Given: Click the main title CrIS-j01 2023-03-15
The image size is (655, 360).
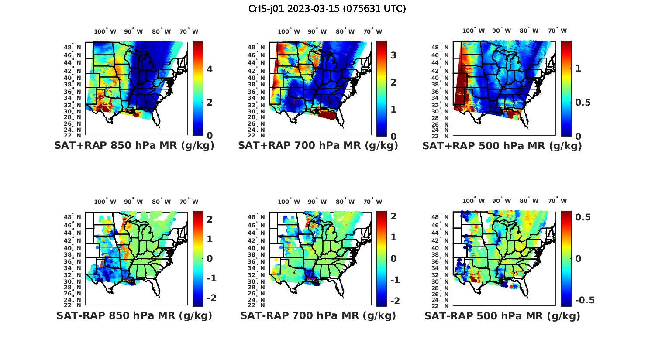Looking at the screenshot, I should [x=327, y=9].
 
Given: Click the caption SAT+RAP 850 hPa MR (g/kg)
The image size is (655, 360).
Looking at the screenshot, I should [x=134, y=146].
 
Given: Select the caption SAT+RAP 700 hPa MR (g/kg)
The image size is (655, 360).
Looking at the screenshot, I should [x=318, y=146].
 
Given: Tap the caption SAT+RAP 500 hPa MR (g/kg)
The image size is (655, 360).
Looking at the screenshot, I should [x=502, y=146].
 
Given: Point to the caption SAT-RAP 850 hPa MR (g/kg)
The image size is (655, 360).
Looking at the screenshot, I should [x=134, y=315].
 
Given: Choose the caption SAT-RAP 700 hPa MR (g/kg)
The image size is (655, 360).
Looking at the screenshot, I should [x=318, y=315].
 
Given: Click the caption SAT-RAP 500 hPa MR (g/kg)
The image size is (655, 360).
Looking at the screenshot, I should [x=502, y=315].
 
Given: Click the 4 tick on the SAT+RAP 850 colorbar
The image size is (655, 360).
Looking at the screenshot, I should [x=210, y=69].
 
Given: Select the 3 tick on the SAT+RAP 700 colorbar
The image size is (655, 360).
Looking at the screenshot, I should [x=393, y=55].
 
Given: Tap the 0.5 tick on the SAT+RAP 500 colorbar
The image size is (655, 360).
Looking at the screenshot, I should [x=583, y=102].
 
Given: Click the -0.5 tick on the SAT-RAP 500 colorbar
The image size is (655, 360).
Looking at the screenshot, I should [x=585, y=300].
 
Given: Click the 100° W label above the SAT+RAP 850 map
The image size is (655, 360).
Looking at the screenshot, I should [x=105, y=31].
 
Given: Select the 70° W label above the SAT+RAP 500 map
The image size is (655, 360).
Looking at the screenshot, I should [x=557, y=31].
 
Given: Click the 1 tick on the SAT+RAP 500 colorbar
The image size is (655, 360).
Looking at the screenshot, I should [x=579, y=69].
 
